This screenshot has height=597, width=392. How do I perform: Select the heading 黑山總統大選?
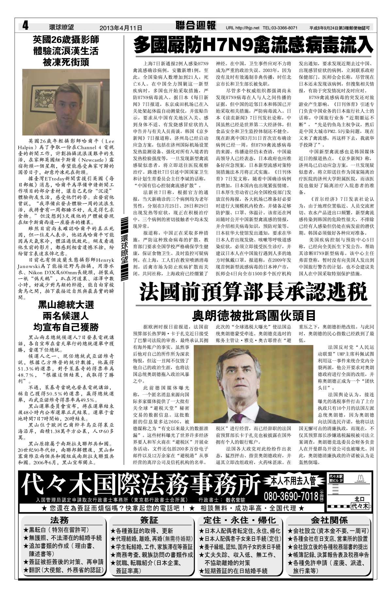66,305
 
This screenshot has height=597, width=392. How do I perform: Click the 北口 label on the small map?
359,499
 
